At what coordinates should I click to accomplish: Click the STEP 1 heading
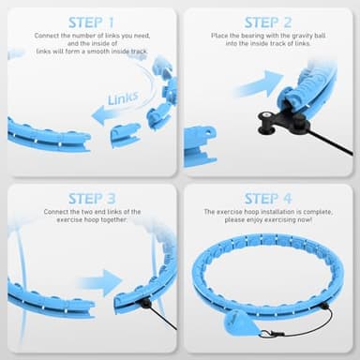[92, 22]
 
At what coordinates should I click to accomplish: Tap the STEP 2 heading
[268, 22]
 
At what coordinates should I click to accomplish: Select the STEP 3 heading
[92, 198]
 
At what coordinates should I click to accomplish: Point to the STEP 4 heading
[268, 198]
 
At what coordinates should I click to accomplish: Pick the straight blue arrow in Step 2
[255, 84]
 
